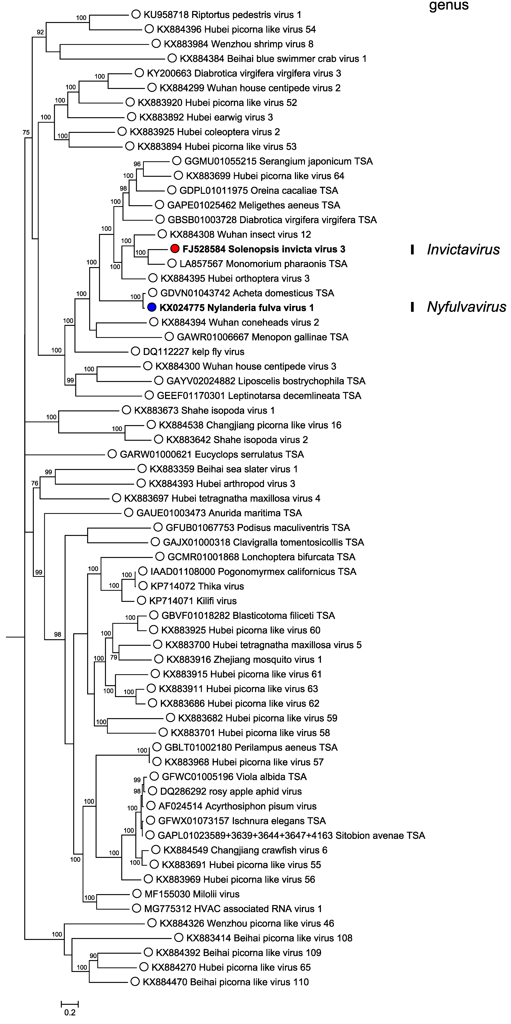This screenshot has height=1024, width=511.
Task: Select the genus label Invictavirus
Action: (x=463, y=250)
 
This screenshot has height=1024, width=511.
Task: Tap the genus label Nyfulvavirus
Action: (x=466, y=307)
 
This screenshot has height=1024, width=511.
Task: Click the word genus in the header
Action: (x=449, y=6)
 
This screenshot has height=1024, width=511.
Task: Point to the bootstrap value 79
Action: (x=114, y=658)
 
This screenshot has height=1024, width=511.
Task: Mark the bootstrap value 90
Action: (x=93, y=956)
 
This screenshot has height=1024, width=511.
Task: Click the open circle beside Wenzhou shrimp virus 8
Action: (x=156, y=44)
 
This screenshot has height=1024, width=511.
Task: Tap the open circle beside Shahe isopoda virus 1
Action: (x=127, y=410)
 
